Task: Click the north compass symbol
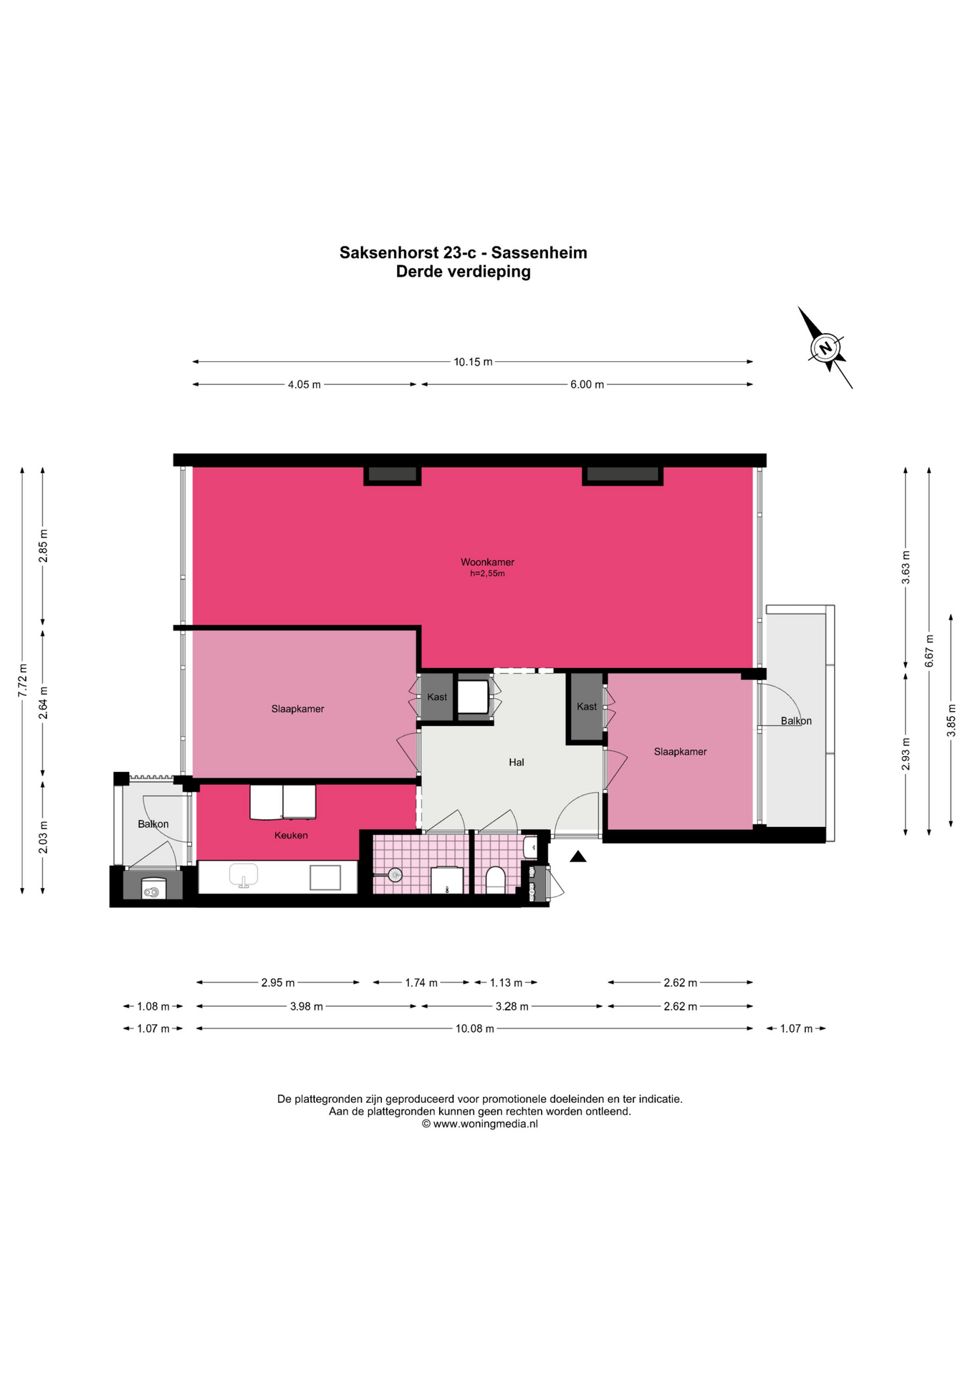825,348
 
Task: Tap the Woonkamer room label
487,563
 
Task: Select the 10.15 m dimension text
473,362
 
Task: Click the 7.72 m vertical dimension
22,680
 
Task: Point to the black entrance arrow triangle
578,856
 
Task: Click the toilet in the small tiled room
495,880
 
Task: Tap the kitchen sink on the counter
244,876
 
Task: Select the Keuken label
291,835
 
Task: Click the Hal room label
517,763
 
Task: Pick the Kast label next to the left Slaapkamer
437,697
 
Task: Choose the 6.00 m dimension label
587,385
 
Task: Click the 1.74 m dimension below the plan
421,983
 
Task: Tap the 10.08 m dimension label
475,1028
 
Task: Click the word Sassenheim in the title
540,253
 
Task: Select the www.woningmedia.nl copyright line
479,1124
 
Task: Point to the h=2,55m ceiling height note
487,573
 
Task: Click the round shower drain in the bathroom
395,874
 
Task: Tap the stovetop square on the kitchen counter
325,877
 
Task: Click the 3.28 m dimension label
512,1006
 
